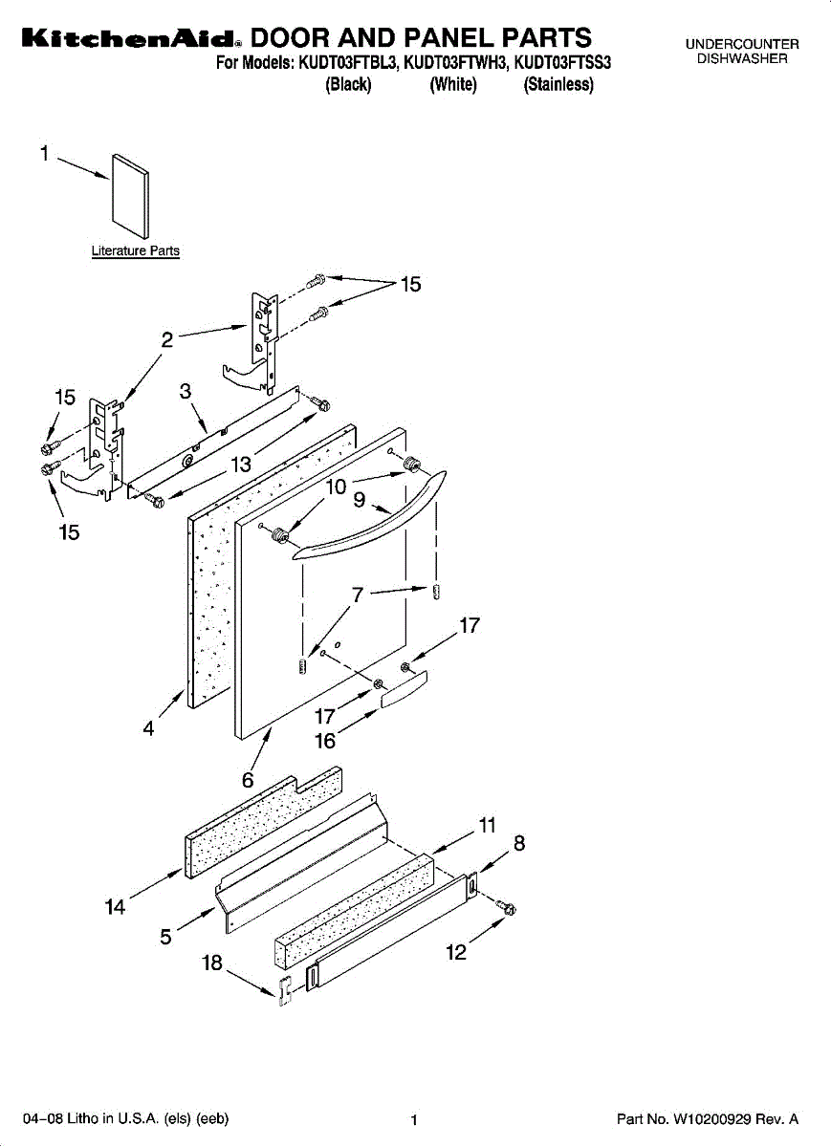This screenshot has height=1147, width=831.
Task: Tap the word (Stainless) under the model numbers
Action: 558,85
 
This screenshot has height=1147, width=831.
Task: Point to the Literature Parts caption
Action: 135,251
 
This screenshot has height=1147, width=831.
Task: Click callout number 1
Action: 44,153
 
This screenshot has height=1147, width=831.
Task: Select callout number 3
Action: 186,391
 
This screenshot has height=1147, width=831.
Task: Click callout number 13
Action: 241,465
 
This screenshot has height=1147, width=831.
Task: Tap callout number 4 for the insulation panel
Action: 149,728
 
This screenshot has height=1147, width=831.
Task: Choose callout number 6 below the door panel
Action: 248,779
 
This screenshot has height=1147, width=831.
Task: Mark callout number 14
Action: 116,907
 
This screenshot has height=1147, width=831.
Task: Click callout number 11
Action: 488,825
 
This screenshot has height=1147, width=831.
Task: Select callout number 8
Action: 519,843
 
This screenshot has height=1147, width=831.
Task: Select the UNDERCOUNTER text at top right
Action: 741,45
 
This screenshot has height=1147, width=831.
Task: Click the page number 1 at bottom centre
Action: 414,1120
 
